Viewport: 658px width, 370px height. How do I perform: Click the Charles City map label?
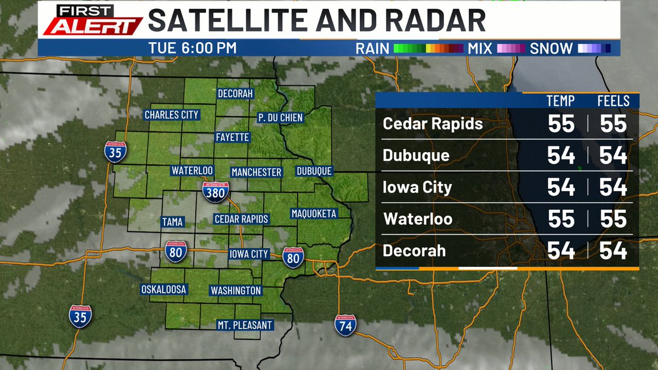[171, 115]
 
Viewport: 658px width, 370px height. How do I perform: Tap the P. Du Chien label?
[280, 117]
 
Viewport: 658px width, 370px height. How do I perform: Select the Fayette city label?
[232, 137]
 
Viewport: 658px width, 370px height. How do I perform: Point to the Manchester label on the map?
[256, 172]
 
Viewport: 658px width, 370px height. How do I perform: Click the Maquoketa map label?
[314, 213]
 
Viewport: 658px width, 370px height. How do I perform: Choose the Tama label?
[172, 222]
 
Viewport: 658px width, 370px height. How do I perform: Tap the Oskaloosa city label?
[164, 289]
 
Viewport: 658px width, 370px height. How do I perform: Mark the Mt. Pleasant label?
[245, 325]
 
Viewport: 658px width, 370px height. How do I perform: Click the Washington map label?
[236, 290]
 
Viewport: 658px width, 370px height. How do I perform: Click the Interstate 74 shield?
[345, 325]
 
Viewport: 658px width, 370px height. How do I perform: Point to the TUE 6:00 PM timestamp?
[192, 48]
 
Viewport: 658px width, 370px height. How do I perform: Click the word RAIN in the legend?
[372, 48]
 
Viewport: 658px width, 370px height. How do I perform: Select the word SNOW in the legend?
[551, 48]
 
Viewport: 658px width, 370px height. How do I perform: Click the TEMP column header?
[560, 101]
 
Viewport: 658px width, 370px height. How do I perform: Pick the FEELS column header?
[613, 101]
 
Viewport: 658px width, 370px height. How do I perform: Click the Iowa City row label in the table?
[417, 187]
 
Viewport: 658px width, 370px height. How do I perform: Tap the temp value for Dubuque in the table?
[561, 156]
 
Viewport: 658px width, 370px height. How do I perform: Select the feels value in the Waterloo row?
[613, 219]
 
